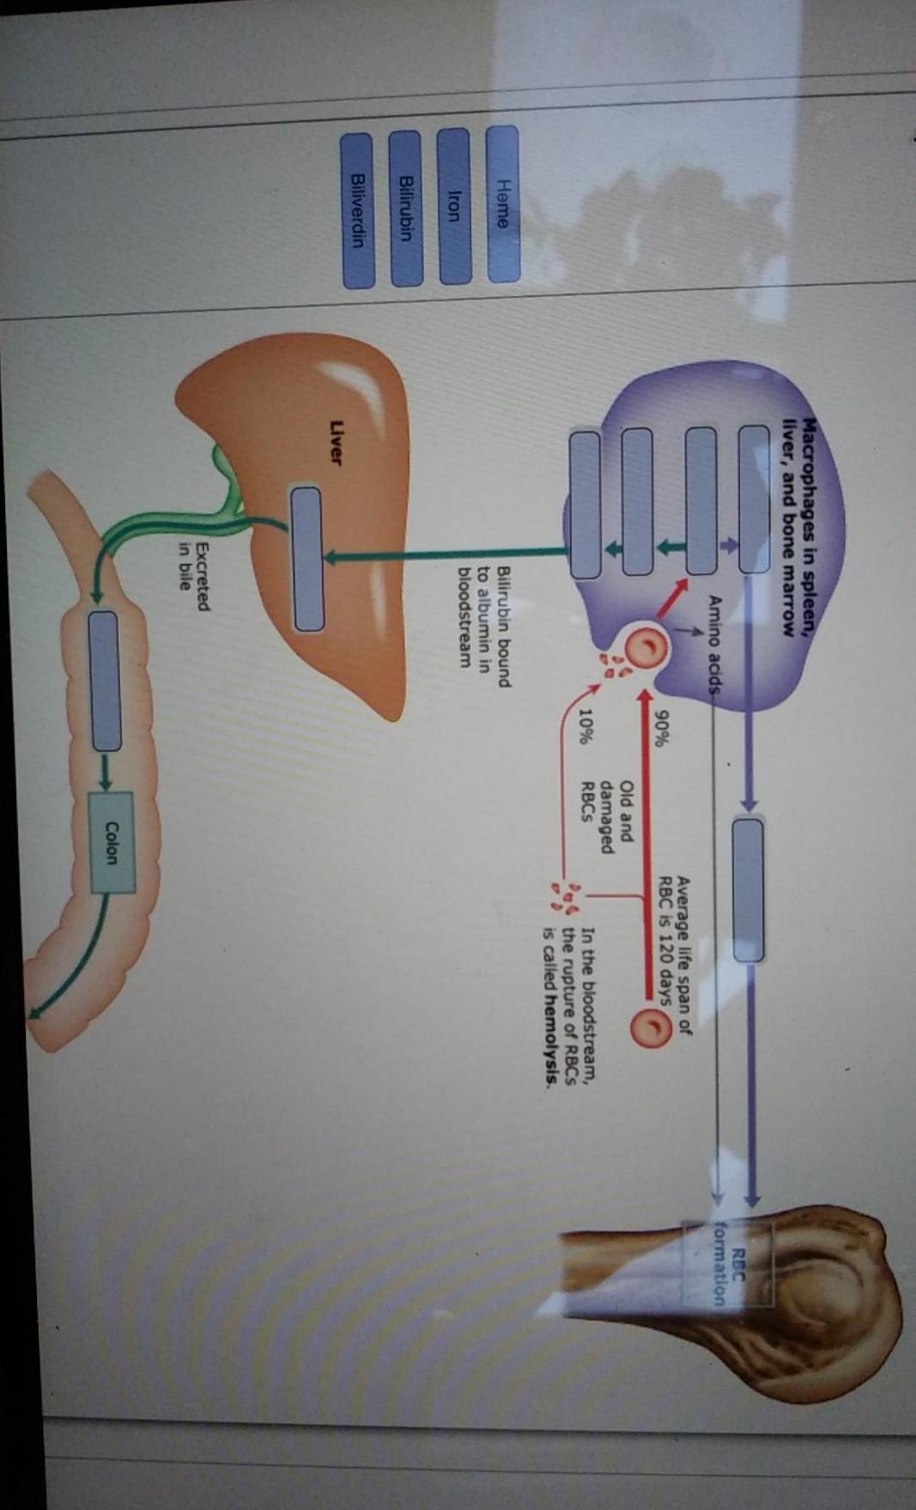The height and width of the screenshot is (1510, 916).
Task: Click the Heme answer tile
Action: [504, 204]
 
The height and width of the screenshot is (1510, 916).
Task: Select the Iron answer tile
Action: [455, 206]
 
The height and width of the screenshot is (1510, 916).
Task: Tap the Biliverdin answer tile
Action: [358, 209]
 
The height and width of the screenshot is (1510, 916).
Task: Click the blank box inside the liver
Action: [306, 558]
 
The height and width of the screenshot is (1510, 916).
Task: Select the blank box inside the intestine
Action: [105, 680]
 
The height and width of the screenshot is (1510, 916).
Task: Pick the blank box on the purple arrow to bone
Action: [748, 889]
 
